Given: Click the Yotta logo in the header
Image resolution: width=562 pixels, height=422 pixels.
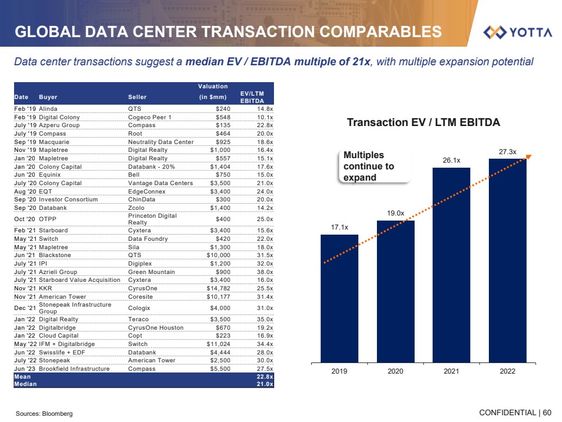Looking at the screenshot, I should [518, 32].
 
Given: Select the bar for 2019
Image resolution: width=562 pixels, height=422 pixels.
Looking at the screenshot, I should [339, 298].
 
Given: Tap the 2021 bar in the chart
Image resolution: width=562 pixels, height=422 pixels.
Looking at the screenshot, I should [451, 264].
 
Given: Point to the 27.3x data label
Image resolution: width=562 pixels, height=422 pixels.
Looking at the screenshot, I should [507, 152].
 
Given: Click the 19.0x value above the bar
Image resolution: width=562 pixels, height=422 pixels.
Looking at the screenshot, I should [395, 213].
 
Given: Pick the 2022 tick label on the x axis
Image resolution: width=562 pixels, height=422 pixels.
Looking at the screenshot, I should [507, 371].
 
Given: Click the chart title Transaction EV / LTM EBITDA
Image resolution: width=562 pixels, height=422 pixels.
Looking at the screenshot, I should [423, 122].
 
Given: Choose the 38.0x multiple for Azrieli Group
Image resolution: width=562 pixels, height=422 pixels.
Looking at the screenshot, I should [264, 271].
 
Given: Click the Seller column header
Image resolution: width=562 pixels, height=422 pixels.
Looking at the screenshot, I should [138, 97].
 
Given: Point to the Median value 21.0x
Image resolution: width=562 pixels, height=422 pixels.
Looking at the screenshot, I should [264, 384].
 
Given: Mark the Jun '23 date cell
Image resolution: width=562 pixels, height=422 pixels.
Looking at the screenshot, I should [25, 369].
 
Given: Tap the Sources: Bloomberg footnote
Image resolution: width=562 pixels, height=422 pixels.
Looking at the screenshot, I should [44, 414].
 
